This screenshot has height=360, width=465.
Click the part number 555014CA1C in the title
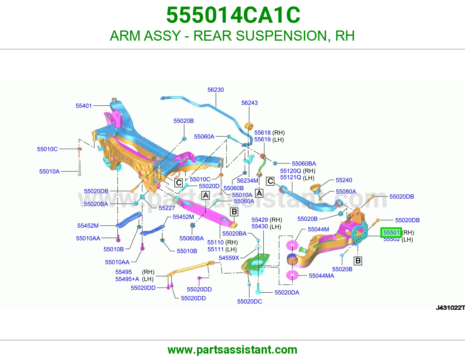pyautogui.click(x=233, y=15)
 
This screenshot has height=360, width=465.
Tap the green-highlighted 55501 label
pyautogui.click(x=391, y=232)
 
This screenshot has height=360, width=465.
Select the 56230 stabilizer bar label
pyautogui.click(x=215, y=90)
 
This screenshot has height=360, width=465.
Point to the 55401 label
pyautogui.click(x=84, y=106)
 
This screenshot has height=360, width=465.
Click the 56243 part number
pyautogui.click(x=250, y=103)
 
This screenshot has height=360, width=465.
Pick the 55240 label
pyautogui.click(x=344, y=180)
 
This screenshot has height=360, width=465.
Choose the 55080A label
pyautogui.click(x=346, y=192)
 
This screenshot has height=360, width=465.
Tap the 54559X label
pyautogui.click(x=229, y=258)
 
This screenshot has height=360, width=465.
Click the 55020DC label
pyautogui.click(x=250, y=301)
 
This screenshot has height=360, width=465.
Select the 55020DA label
pyautogui.click(x=287, y=292)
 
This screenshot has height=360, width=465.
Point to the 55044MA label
pyautogui.click(x=321, y=276)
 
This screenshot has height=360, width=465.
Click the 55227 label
pyautogui.click(x=167, y=208)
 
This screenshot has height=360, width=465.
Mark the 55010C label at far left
pyautogui.click(x=47, y=149)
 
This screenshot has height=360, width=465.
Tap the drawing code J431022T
pyautogui.click(x=450, y=308)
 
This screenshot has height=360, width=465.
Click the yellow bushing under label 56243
pyautogui.click(x=249, y=125)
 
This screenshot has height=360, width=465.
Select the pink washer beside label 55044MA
pyautogui.click(x=292, y=275)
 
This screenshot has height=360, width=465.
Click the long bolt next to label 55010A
pyautogui.click(x=79, y=168)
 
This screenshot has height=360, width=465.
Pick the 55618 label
pyautogui.click(x=262, y=133)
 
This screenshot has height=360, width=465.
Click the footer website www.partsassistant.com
pyautogui.click(x=233, y=350)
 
